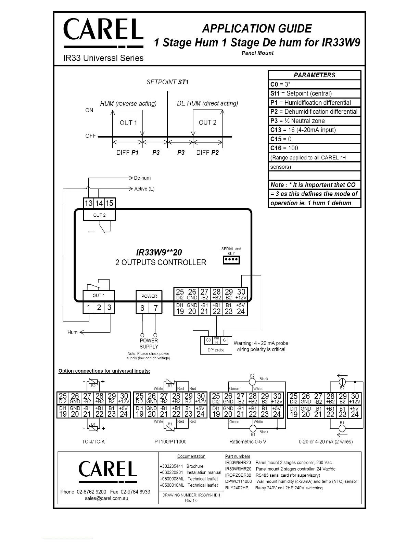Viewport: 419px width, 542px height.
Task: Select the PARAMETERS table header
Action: (x=314, y=75)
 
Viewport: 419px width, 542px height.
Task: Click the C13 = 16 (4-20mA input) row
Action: (x=314, y=130)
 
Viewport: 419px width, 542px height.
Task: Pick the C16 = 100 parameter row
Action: (x=314, y=148)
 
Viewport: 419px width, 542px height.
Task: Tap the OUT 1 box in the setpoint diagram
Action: (x=128, y=123)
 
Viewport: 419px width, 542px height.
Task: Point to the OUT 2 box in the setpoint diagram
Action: (x=207, y=123)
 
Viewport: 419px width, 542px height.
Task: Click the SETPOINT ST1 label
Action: (x=167, y=82)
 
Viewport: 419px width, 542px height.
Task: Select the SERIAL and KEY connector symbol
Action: (x=231, y=260)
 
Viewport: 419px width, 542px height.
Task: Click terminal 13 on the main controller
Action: (x=89, y=203)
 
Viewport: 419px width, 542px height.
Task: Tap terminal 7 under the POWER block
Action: (x=156, y=308)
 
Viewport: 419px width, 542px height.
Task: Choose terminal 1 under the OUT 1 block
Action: (x=88, y=307)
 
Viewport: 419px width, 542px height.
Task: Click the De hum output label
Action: (x=142, y=178)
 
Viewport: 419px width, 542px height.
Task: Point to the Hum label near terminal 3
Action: (x=73, y=332)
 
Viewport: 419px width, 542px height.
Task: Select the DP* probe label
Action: (x=216, y=350)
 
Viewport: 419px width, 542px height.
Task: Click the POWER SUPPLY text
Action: (x=149, y=344)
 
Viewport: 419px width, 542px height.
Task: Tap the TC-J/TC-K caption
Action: (x=93, y=442)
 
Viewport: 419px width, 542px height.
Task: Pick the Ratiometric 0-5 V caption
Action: (x=248, y=442)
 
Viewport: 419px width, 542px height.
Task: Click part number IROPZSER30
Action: (x=238, y=475)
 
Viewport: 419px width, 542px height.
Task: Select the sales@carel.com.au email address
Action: (x=106, y=498)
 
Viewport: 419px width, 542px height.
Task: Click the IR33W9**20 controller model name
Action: (x=159, y=253)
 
